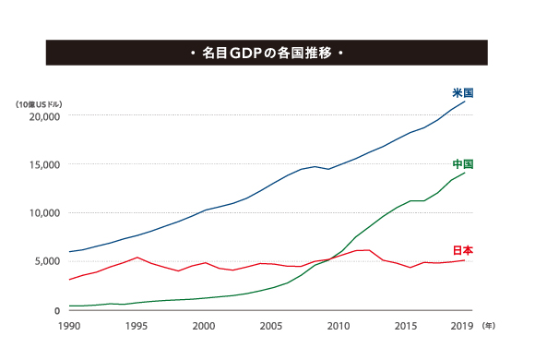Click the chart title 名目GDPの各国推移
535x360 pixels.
(x=267, y=53)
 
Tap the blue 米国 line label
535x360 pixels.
(x=463, y=93)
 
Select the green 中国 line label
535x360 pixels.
(x=463, y=164)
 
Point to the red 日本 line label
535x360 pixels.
(x=463, y=250)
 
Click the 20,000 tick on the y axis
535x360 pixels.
(x=44, y=116)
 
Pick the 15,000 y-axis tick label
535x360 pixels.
(x=44, y=164)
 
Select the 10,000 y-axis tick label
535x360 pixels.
(x=44, y=212)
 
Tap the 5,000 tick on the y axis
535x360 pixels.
(x=47, y=261)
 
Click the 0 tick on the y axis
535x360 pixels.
(x=57, y=310)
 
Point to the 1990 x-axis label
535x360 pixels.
(x=69, y=326)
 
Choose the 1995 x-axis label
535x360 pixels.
(x=137, y=326)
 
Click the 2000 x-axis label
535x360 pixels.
(x=204, y=326)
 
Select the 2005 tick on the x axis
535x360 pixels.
(x=271, y=326)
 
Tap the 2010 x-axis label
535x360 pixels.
(x=339, y=326)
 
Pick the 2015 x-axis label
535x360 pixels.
(x=406, y=326)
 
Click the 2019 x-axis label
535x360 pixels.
(x=460, y=326)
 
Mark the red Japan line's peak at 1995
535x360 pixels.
(x=137, y=258)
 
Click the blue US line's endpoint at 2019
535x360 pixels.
(x=465, y=101)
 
